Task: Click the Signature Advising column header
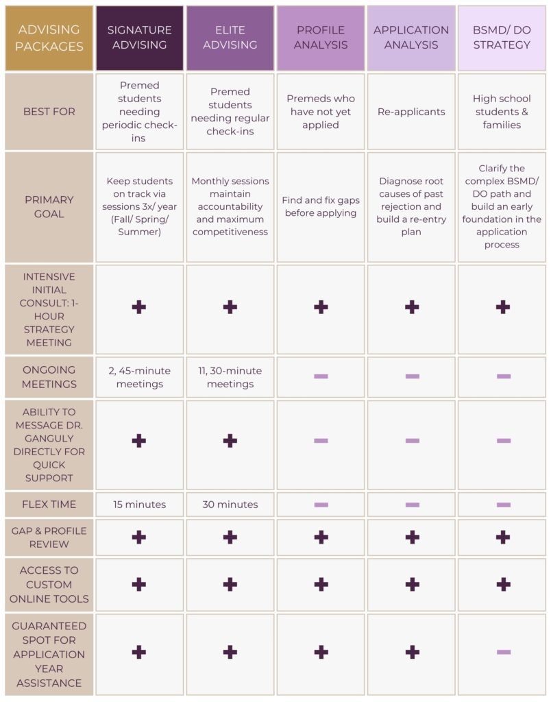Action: click(139, 38)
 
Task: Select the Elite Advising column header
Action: click(230, 38)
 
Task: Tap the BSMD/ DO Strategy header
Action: click(502, 38)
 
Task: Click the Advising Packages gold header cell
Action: click(49, 38)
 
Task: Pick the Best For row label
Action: click(49, 112)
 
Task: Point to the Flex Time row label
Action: click(49, 505)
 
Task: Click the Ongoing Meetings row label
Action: click(49, 377)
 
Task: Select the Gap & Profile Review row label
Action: click(49, 537)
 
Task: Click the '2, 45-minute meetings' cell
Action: click(139, 377)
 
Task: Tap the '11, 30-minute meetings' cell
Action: click(230, 377)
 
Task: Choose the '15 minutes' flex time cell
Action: click(139, 505)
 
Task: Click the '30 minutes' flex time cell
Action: click(230, 505)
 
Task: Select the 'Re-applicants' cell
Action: click(411, 112)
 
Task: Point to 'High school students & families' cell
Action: click(502, 112)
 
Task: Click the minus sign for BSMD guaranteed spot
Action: click(503, 652)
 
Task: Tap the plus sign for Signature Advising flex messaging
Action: click(139, 441)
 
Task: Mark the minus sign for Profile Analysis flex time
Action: click(321, 505)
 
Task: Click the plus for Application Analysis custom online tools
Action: click(412, 584)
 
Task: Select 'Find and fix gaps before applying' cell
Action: click(321, 206)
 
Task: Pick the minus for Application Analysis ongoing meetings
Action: click(412, 376)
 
